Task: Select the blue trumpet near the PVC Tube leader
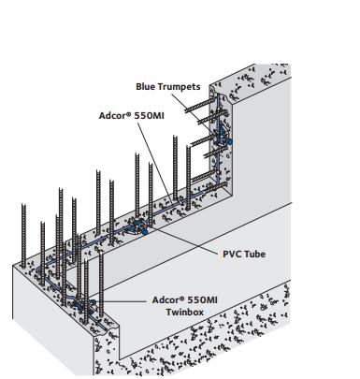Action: coord(141,226)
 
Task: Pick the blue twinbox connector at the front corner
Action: coord(86,303)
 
